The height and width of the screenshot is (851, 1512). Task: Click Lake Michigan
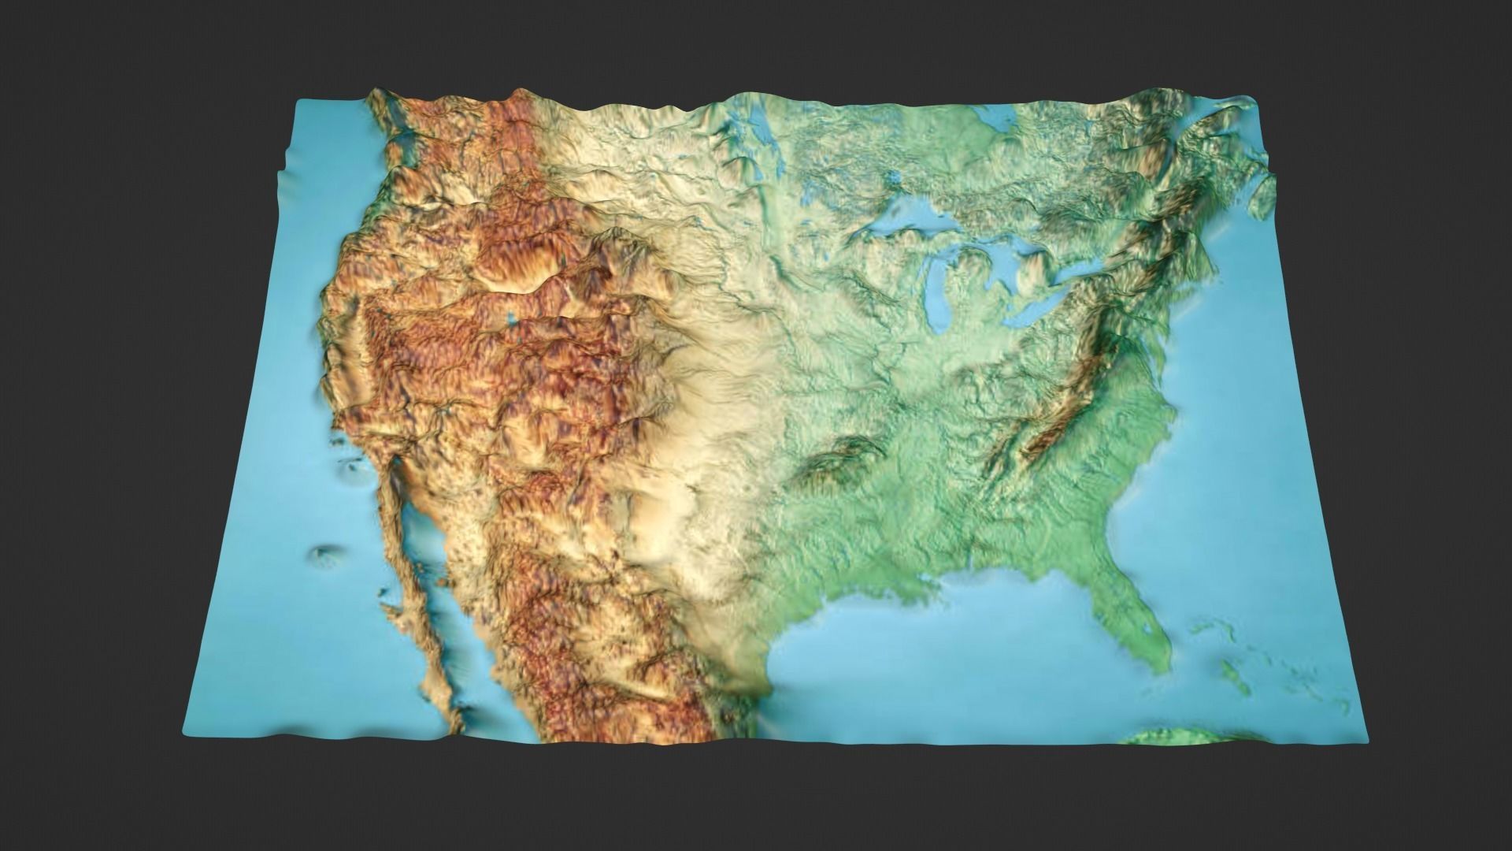click(x=937, y=288)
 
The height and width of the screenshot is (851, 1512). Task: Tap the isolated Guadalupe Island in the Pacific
click(x=323, y=556)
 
